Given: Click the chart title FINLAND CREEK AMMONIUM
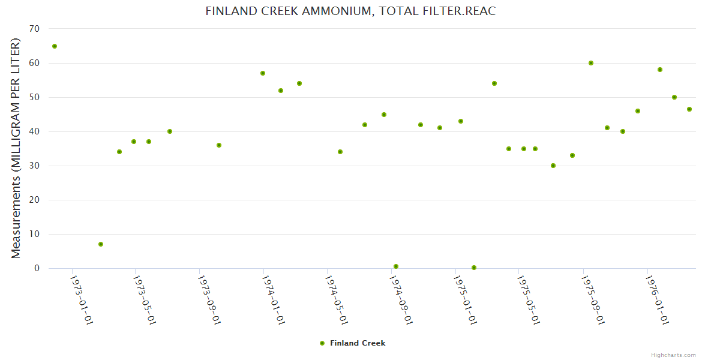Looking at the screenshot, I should [x=350, y=11].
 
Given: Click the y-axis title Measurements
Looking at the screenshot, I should [x=16, y=148].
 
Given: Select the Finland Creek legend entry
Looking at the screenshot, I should [x=353, y=343].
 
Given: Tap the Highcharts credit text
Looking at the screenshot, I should [x=673, y=355].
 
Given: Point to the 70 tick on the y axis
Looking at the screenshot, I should [x=34, y=29].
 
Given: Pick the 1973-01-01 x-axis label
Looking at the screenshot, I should [x=81, y=300].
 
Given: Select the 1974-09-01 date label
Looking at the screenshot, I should [x=400, y=300].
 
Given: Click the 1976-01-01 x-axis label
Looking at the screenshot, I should [x=656, y=300].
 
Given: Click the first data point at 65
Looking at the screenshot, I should [x=55, y=46].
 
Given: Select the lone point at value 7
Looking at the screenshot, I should [x=101, y=244].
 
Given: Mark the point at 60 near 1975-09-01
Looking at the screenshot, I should [x=591, y=63].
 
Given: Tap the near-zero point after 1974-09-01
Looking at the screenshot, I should [x=396, y=266].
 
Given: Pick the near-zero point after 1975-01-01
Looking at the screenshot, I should [x=474, y=268].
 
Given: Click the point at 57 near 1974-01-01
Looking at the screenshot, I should [x=263, y=73].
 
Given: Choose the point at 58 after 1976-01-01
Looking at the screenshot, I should [x=660, y=70].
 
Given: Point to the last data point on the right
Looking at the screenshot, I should [x=689, y=109].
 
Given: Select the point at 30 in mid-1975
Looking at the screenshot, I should [x=553, y=166].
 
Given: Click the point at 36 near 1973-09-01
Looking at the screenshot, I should [x=219, y=145].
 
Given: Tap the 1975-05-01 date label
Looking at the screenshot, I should [x=528, y=300].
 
